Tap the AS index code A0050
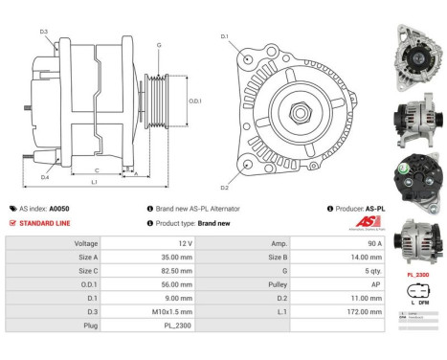coord(59,208)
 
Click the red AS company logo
coord(349,222)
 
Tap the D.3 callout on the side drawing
coord(44,32)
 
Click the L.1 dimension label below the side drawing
coord(93,182)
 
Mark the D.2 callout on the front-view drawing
coord(225,188)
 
